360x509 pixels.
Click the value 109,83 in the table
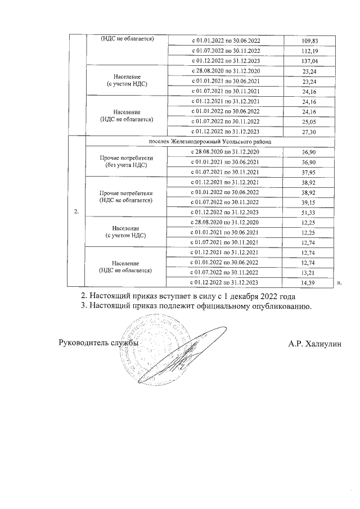[311, 41]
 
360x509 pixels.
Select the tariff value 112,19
[311, 51]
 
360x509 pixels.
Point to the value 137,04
[311, 61]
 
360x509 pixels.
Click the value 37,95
[311, 172]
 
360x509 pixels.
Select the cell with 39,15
[311, 202]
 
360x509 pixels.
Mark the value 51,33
[311, 213]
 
